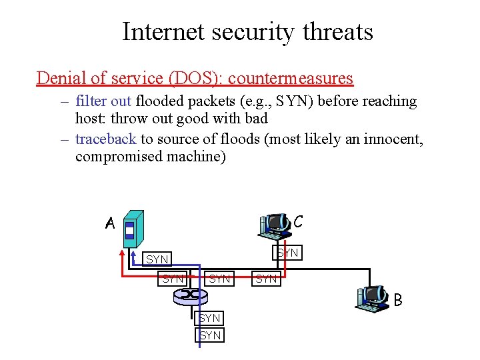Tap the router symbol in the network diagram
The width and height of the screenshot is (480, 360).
[193, 293]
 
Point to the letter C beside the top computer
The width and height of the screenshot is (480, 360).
[298, 221]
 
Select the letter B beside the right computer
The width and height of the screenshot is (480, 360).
[397, 300]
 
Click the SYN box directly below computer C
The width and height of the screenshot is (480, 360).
[287, 253]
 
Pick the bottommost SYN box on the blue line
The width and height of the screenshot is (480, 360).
[210, 335]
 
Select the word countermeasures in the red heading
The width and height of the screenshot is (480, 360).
[290, 78]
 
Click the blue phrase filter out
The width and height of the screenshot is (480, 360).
[103, 101]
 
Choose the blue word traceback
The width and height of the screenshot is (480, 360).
[105, 139]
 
